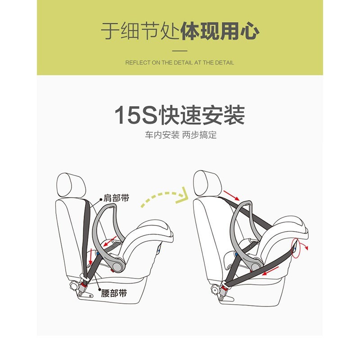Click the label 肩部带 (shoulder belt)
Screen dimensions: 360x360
tap(117, 198)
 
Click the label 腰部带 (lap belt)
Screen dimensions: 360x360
tap(114, 293)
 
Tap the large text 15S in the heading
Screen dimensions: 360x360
tap(136, 115)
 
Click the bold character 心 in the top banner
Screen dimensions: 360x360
tap(250, 31)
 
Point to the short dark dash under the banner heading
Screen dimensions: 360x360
tap(180, 50)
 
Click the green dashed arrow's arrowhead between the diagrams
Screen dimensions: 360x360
tap(183, 196)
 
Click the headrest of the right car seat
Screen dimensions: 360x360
tap(207, 183)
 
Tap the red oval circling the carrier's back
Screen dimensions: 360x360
tap(297, 248)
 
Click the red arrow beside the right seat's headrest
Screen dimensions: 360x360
tap(231, 195)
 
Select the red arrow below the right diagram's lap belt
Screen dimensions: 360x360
tap(271, 271)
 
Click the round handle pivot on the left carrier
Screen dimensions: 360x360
tap(117, 266)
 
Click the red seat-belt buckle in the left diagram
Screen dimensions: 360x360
tap(84, 287)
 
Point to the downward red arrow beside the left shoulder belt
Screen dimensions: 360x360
tap(91, 256)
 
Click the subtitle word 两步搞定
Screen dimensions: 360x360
tap(199, 135)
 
